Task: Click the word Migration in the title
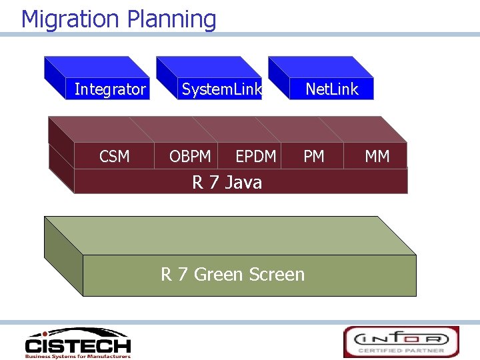pyautogui.click(x=70, y=19)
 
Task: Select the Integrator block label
pyautogui.click(x=110, y=89)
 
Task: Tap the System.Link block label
pyautogui.click(x=222, y=89)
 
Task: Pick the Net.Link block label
pyautogui.click(x=332, y=89)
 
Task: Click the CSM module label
pyautogui.click(x=114, y=157)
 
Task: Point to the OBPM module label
pyautogui.click(x=190, y=157)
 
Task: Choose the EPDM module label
pyautogui.click(x=255, y=157)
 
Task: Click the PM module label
pyautogui.click(x=313, y=157)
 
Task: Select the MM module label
pyautogui.click(x=377, y=157)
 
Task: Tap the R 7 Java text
pyautogui.click(x=227, y=182)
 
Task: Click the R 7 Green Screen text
pyautogui.click(x=232, y=274)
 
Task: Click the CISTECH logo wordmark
pyautogui.click(x=77, y=346)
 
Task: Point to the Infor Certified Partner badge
pyautogui.click(x=401, y=341)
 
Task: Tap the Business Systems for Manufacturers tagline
pyautogui.click(x=77, y=356)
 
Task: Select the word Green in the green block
pyautogui.click(x=218, y=274)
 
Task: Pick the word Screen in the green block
pyautogui.click(x=276, y=274)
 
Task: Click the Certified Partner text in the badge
pyautogui.click(x=401, y=350)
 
